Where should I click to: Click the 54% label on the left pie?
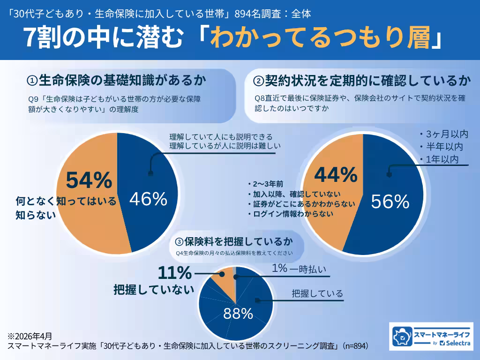coord(89,180)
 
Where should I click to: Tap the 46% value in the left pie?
coord(148,200)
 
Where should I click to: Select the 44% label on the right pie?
coord(336,175)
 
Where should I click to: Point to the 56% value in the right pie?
coord(390,202)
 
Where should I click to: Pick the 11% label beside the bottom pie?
coord(175,272)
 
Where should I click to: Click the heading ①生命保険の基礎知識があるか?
coord(117,81)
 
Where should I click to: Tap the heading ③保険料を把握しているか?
coord(234,242)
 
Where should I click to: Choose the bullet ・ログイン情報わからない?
coord(290,214)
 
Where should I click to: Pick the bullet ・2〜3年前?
coord(265,183)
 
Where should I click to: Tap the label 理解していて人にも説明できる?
coord(221,137)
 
